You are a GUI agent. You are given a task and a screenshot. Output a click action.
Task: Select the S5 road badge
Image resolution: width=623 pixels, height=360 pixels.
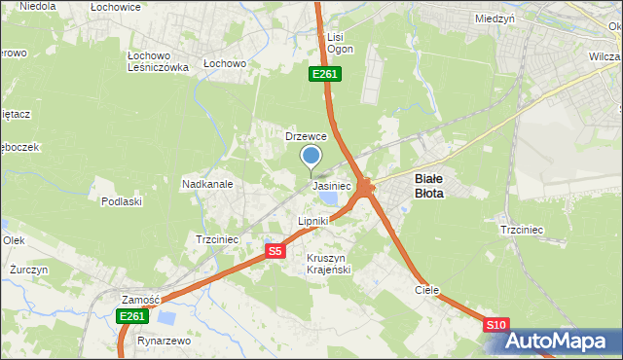275,251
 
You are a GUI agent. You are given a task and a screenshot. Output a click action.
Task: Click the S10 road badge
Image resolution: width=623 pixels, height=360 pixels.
496,325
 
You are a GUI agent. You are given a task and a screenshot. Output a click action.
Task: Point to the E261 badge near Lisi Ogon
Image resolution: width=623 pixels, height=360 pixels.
325,74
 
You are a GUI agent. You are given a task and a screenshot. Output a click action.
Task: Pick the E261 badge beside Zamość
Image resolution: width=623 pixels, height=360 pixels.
132,316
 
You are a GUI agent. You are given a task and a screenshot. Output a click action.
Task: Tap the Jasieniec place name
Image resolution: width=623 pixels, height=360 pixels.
331,185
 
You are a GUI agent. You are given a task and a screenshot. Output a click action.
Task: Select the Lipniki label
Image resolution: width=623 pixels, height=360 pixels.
313,222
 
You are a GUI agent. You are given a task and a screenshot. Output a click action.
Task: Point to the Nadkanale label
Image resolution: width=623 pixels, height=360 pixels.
206,183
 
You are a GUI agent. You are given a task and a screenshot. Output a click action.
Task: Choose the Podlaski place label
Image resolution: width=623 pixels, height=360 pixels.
122,201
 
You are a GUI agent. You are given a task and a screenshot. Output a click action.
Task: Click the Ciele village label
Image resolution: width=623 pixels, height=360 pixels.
426,290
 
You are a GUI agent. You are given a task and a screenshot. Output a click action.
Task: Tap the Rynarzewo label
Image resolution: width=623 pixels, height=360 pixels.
164,341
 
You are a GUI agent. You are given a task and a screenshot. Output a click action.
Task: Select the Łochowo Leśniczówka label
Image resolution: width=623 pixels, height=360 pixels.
158,61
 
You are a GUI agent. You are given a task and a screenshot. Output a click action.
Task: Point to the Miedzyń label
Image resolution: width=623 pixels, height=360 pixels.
495,18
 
